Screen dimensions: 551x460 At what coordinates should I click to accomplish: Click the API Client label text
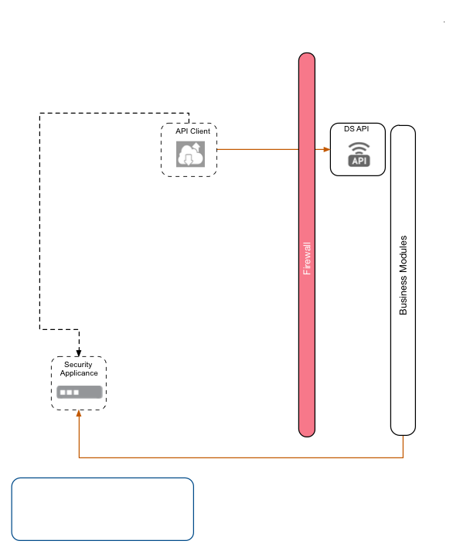193,131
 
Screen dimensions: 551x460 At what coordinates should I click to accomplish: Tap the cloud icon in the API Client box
189,155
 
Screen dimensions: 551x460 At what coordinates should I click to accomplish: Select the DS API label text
356,129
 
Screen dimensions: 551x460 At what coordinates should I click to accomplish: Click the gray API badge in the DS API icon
359,161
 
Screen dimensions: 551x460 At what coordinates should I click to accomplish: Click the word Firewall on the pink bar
307,259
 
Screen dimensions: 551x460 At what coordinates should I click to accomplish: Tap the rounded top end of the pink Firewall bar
307,59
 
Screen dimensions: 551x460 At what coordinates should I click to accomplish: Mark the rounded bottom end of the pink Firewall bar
307,430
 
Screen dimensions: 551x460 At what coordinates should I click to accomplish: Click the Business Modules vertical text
403,275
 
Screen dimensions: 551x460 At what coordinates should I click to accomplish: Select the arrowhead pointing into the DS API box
327,148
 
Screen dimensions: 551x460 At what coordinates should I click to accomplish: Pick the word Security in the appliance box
79,365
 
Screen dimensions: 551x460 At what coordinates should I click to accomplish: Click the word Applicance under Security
79,373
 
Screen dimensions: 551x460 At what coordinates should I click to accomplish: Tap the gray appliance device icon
79,392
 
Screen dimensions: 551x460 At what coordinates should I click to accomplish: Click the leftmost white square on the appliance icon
63,393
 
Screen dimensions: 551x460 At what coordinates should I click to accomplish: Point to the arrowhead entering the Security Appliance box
79,413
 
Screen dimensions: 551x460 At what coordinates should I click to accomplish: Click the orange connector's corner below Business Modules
403,457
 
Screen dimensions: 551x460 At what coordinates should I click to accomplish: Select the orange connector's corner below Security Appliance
79,457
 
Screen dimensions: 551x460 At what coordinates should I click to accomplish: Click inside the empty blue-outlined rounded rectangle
102,508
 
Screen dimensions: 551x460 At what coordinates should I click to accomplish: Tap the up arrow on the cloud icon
196,147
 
